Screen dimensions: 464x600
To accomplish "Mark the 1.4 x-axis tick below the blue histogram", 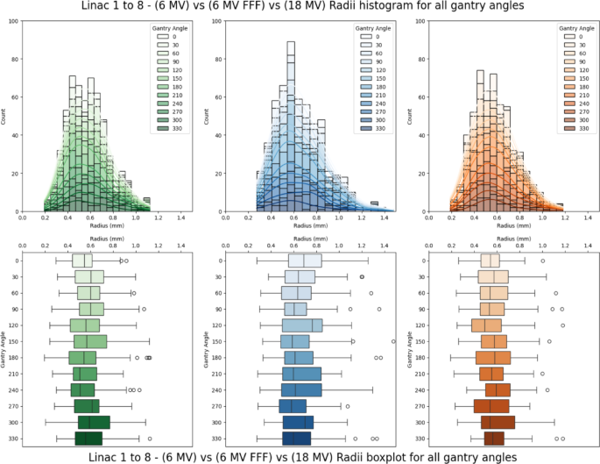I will point(382,218).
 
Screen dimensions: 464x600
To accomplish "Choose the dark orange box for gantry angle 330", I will point(493,438).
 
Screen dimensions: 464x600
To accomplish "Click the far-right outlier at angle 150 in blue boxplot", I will point(392,341).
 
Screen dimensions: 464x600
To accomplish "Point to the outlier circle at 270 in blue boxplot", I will point(347,406).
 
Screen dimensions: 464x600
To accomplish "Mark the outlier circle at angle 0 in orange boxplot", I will point(542,261).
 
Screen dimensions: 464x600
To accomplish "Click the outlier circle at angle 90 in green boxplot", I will point(144,309).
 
